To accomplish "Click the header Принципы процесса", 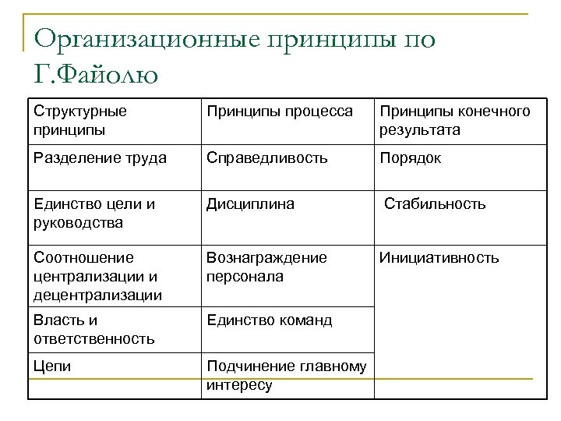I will [x=279, y=111].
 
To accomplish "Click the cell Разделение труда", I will [x=101, y=158].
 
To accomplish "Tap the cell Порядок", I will [x=410, y=158].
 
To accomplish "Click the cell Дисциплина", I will [x=250, y=204].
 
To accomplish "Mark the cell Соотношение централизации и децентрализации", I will [x=97, y=276].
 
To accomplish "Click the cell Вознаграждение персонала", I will [x=266, y=267].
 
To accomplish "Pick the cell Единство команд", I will [x=269, y=320].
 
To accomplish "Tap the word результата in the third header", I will [x=420, y=129].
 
